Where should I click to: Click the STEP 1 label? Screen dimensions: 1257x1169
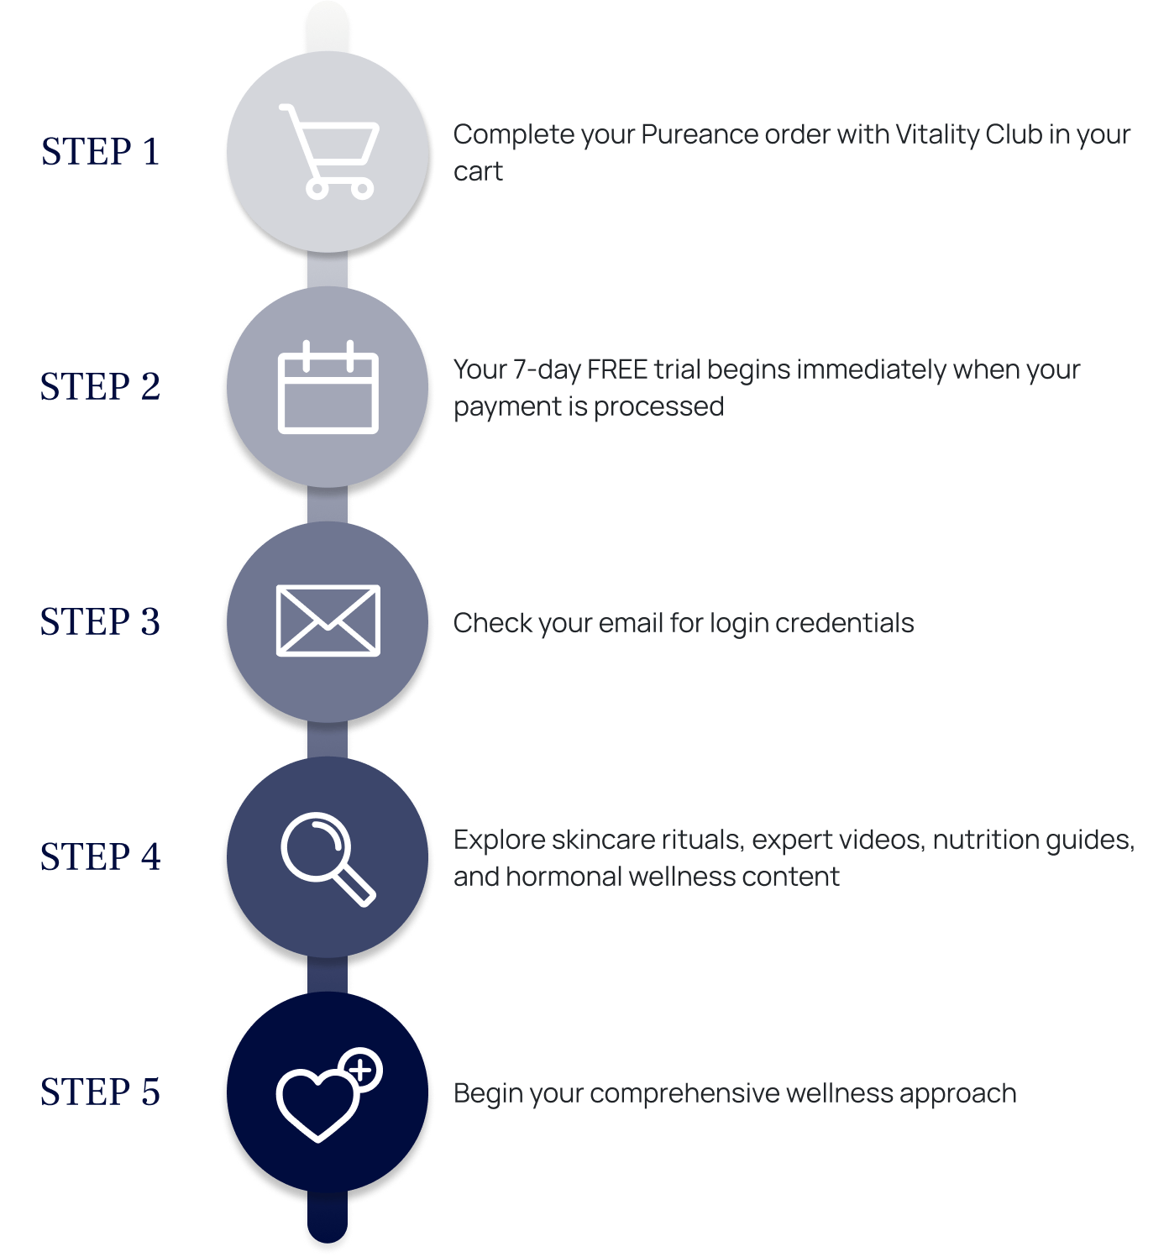(x=100, y=152)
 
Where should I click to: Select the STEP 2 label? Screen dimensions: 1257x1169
(x=100, y=387)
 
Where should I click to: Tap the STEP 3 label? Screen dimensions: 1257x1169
(x=100, y=622)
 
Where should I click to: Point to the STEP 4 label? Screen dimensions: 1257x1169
(x=100, y=857)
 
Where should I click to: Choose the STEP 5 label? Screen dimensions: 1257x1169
(x=100, y=1092)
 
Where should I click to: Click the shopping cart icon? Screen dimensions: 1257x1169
(x=328, y=151)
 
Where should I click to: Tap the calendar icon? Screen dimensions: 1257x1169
(x=328, y=388)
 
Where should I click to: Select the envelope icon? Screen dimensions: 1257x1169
(x=328, y=621)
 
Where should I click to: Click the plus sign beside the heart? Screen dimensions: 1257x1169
(x=362, y=1071)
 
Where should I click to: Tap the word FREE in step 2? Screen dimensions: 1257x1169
(x=617, y=370)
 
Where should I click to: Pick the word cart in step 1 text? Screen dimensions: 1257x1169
(x=478, y=172)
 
